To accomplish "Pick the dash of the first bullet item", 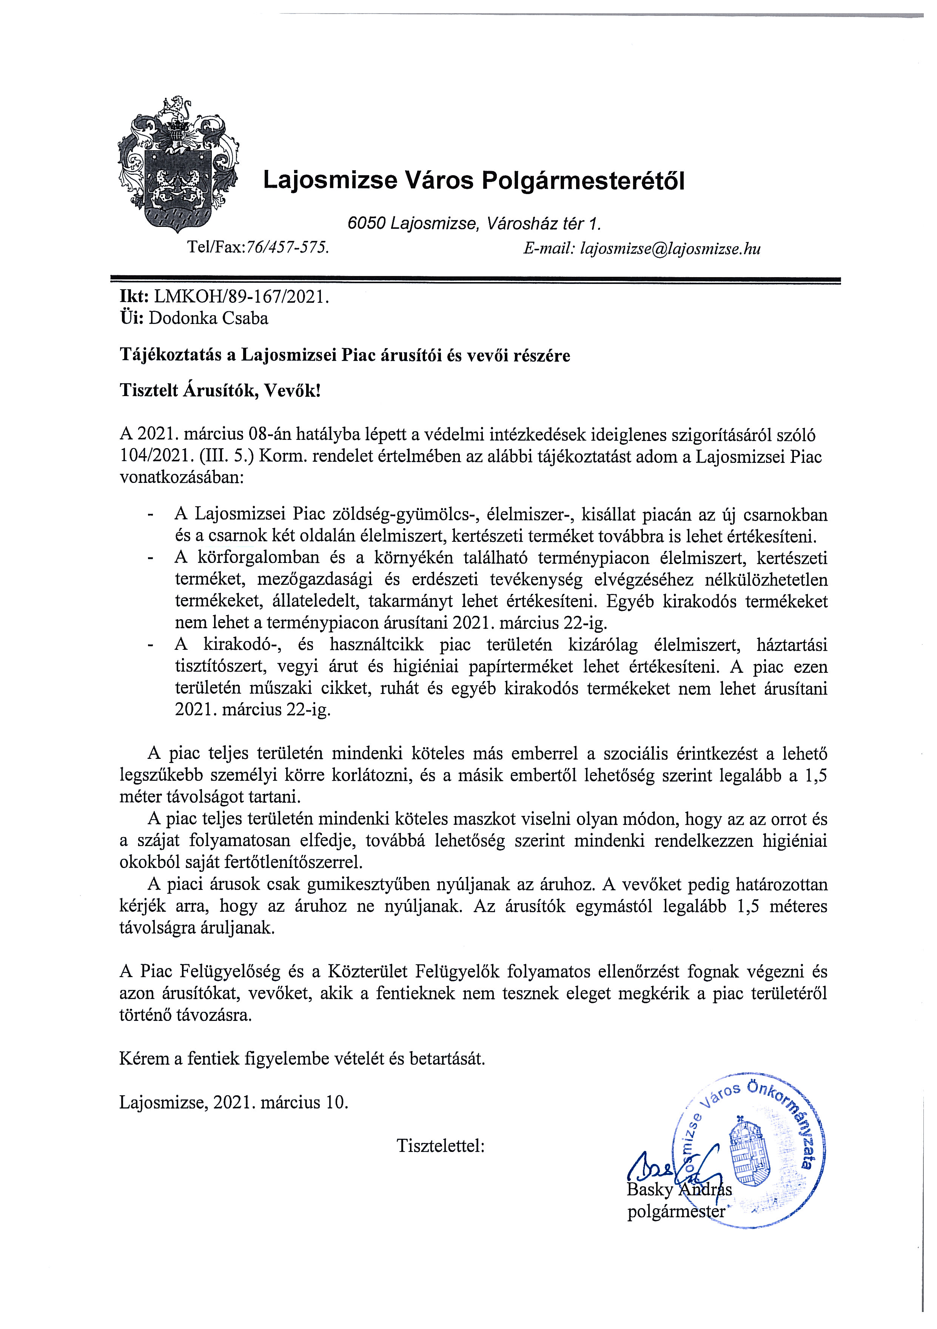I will (x=152, y=514).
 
